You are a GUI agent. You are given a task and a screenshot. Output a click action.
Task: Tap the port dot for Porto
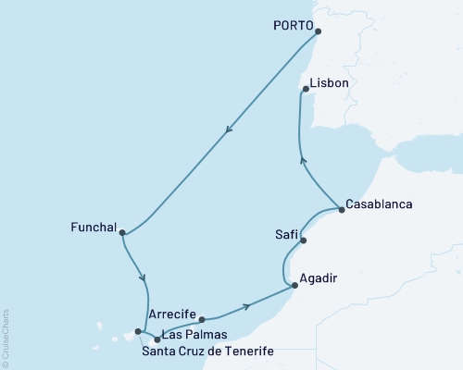click(x=318, y=31)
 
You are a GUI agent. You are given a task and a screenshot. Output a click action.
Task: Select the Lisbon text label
click(x=331, y=82)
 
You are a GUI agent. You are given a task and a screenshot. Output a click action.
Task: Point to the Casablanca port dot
click(x=342, y=209)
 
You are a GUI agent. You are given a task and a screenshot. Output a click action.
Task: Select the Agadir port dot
click(x=294, y=260)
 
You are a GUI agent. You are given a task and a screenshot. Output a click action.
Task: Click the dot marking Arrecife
click(x=202, y=320)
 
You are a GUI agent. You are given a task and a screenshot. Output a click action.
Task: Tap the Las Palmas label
click(x=193, y=333)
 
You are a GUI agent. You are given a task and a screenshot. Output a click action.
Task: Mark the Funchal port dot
click(x=122, y=233)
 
